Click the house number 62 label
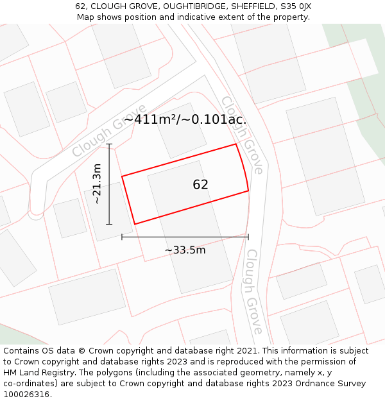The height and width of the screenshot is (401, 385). [x=200, y=185]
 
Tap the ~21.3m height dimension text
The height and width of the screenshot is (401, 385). [x=97, y=184]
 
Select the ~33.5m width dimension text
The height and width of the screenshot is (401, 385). [x=185, y=250]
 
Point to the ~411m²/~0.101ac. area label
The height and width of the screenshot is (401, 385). [x=185, y=119]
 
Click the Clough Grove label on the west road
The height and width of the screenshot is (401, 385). [x=109, y=130]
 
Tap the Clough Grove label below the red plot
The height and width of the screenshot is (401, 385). [x=254, y=292]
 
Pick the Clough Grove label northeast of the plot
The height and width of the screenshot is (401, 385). [x=242, y=135]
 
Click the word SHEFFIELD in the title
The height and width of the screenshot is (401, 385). [x=243, y=6]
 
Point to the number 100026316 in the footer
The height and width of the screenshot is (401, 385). [x=28, y=395]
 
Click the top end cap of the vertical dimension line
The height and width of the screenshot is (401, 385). [x=109, y=144]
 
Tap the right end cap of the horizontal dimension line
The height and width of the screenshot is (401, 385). [x=248, y=237]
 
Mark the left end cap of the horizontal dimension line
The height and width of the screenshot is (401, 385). [x=122, y=237]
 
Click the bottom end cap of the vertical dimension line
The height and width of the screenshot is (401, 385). [x=109, y=224]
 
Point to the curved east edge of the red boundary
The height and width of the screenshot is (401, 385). [x=244, y=167]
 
